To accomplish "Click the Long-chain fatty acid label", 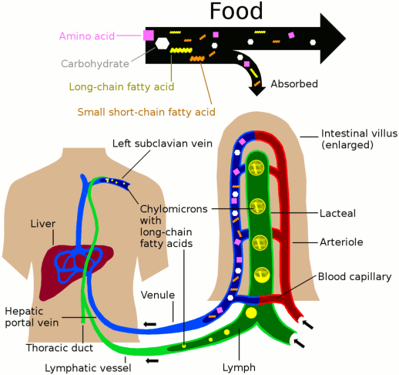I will click(x=122, y=86).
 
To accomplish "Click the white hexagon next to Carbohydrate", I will click(x=162, y=44).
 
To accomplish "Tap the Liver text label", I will click(x=43, y=224).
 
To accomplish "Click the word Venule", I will click(x=159, y=295).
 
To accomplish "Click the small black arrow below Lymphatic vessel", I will click(x=154, y=359).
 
